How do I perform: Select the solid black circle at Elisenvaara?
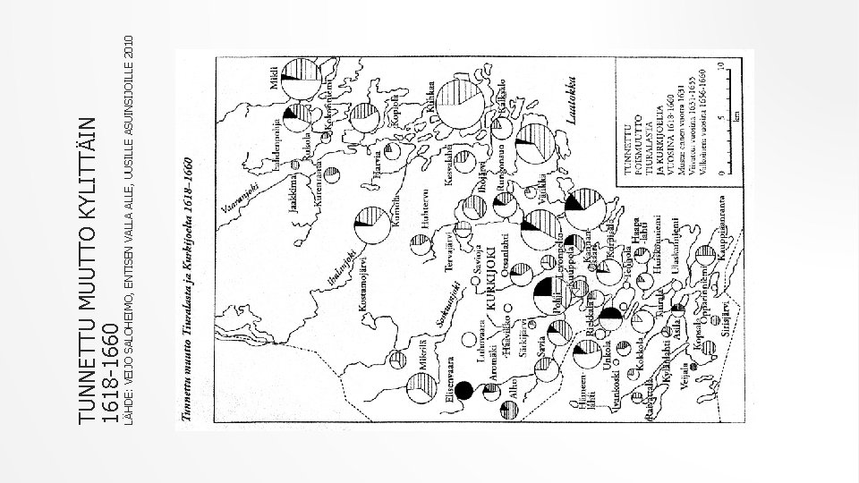click(x=464, y=390)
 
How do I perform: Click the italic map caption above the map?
click(x=190, y=277)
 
